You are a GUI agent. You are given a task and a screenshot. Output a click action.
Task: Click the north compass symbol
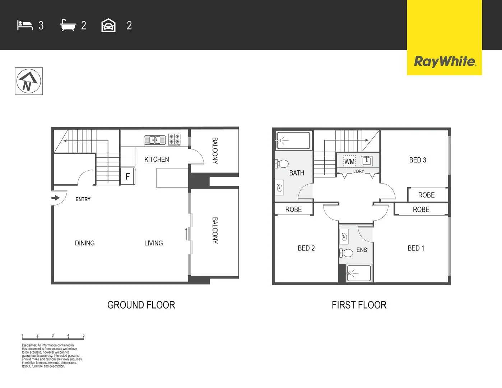click(x=29, y=81)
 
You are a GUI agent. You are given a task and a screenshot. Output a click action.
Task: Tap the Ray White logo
click(x=445, y=61)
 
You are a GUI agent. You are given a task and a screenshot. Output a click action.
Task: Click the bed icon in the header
click(x=25, y=25)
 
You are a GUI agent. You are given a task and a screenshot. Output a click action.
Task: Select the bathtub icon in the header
click(x=68, y=25)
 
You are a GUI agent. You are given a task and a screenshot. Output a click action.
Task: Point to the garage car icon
click(x=108, y=26)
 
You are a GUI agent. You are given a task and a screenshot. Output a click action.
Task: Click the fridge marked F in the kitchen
click(x=127, y=176)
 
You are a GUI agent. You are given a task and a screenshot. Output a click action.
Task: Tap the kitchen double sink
click(x=155, y=140)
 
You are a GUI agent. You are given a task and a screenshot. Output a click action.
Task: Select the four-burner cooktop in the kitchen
click(x=175, y=140)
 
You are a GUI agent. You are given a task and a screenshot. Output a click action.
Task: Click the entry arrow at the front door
click(x=56, y=198)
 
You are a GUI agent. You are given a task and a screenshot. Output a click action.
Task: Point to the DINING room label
click(x=85, y=243)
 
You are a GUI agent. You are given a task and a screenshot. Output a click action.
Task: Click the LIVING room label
click(x=153, y=243)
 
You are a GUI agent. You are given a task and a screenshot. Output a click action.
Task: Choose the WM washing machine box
click(x=349, y=162)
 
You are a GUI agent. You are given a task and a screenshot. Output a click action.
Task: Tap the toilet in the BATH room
click(x=283, y=164)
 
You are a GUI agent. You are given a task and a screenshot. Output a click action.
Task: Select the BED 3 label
click(x=418, y=160)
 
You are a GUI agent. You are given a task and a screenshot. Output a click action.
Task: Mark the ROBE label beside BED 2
click(x=293, y=209)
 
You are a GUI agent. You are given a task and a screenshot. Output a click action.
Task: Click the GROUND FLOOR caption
click(x=141, y=305)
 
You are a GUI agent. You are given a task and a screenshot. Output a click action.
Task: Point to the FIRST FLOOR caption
click(x=359, y=305)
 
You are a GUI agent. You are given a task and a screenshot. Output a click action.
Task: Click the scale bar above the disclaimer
click(x=53, y=338)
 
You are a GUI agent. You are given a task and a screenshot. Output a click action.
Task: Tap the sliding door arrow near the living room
click(x=186, y=234)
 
